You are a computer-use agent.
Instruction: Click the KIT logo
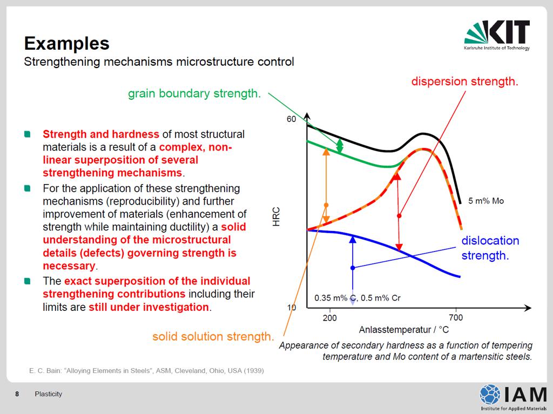pos(497,35)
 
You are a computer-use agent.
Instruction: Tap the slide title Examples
pos(66,43)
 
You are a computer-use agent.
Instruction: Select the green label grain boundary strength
pos(194,93)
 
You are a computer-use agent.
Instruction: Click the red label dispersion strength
pos(465,82)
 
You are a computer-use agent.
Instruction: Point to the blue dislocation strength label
pos(490,248)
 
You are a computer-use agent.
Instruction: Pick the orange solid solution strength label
pos(213,336)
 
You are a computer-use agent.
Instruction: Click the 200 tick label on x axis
pos(330,318)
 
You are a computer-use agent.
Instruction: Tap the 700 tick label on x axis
pos(456,317)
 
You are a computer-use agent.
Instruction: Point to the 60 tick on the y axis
pos(291,119)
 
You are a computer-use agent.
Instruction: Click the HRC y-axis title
pos(276,216)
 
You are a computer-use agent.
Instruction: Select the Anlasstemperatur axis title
pos(404,330)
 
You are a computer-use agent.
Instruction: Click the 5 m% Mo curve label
pos(486,201)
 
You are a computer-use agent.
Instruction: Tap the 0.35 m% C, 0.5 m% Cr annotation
pos(358,298)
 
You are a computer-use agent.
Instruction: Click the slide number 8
pos(17,394)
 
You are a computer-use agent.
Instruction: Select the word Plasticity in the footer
pos(48,394)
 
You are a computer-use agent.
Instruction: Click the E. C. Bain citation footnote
pos(146,371)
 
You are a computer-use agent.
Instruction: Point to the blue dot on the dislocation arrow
pos(353,268)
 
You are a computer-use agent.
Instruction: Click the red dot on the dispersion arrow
pos(399,216)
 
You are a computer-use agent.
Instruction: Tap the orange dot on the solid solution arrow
pos(326,205)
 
